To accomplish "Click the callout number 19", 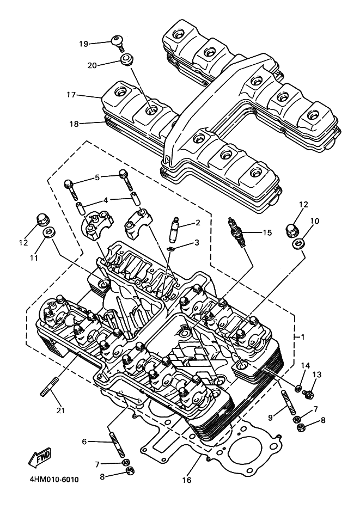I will point(83,44).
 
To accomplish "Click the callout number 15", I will point(266,233).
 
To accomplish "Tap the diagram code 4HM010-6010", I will point(51,480).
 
